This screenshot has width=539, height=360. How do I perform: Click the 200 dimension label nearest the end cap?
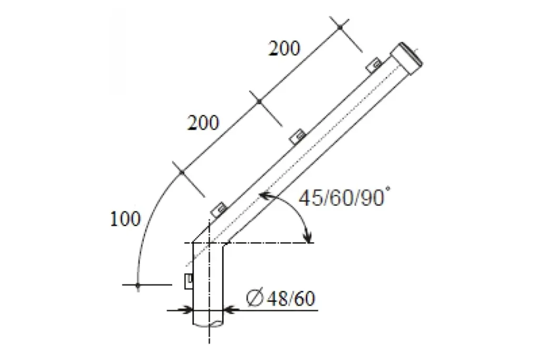click(284, 48)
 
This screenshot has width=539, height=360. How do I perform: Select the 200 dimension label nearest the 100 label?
click(203, 123)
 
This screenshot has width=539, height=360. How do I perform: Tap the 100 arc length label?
click(125, 218)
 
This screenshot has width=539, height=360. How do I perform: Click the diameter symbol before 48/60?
click(255, 298)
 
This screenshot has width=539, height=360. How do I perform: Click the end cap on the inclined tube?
click(407, 58)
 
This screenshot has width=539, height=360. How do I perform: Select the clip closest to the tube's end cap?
click(374, 64)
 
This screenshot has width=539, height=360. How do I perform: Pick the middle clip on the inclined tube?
click(297, 136)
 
